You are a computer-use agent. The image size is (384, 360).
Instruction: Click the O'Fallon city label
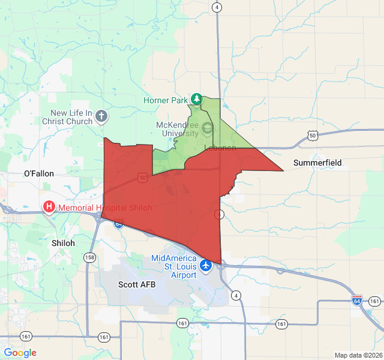point(39,173)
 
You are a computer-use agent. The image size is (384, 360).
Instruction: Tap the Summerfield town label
point(317,163)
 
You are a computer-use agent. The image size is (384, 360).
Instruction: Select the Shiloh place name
point(64,243)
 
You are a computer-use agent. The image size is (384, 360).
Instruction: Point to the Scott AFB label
point(137,284)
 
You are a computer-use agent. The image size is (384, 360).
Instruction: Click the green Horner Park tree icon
point(196,98)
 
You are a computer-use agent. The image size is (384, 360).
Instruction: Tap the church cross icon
point(101,116)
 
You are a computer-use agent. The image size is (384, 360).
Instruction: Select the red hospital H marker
point(49,208)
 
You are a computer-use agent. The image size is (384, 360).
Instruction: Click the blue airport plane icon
point(206,264)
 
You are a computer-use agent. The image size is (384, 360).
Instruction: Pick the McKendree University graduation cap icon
point(207,127)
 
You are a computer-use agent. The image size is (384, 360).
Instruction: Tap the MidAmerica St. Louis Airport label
point(174,267)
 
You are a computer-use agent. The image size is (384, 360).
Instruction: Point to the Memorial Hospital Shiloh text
point(105,208)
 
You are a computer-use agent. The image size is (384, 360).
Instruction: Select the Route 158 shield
point(89,257)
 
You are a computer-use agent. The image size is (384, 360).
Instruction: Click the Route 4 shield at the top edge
point(217,7)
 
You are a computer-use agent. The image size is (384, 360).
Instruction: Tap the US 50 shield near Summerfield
point(313,135)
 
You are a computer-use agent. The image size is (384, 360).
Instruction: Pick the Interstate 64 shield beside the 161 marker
point(358,300)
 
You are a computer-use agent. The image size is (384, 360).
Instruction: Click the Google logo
point(20,353)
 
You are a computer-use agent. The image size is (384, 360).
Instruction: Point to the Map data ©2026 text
point(358,355)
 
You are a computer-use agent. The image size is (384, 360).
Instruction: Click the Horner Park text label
point(166,100)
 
